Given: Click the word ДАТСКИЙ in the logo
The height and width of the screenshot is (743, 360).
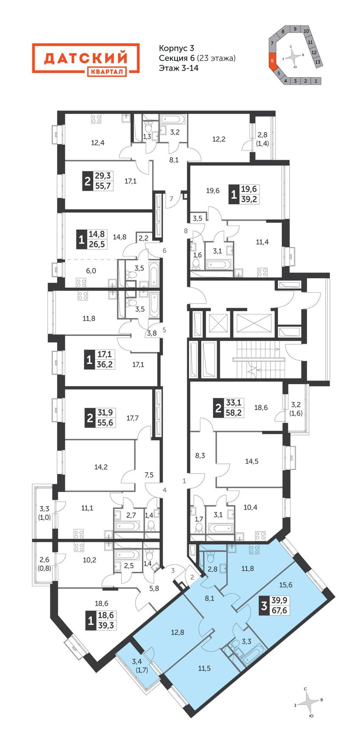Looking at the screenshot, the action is point(86,57).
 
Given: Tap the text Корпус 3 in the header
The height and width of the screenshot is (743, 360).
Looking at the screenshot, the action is point(176,49).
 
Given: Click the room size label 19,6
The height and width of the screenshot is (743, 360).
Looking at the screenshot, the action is point(213,191).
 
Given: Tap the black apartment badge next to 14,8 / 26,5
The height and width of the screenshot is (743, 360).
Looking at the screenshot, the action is point(81,240).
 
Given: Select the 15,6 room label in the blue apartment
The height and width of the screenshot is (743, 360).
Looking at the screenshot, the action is point(286,585).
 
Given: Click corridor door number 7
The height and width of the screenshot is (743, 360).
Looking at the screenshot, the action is point(172,199).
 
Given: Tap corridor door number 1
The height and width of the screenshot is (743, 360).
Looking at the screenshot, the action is point(184,481).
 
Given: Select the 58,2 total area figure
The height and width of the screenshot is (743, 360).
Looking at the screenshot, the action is point(233,412).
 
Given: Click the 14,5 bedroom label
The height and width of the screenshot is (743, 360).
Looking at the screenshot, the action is point(252,461).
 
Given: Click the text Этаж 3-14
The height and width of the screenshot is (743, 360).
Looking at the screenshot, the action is point(179,67).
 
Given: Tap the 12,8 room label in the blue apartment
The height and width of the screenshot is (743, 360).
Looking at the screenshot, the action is point(178,632).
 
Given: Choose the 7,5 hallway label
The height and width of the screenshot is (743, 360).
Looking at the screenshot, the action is point(149,475).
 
